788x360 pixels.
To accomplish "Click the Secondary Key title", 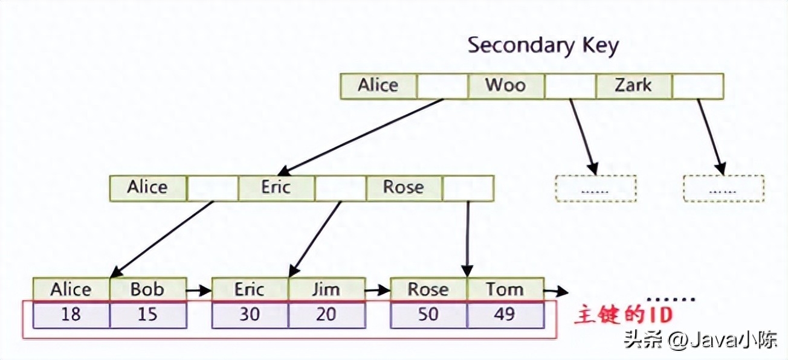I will (543, 45).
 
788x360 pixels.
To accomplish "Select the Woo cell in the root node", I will (506, 86).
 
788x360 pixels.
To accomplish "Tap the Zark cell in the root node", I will (633, 86).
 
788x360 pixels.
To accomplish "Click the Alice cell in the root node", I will (378, 86).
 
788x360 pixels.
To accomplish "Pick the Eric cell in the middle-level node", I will (276, 188).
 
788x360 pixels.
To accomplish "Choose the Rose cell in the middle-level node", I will (404, 188).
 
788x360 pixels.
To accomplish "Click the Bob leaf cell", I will (147, 290).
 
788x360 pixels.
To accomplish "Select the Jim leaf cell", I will (326, 290).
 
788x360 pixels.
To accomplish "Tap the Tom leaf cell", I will (505, 290).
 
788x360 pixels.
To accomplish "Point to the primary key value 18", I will (71, 315).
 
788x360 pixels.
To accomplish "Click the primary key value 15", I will (147, 315).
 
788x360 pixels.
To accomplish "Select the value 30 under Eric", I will (250, 315).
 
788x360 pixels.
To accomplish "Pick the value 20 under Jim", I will (326, 315).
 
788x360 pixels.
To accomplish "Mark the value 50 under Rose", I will (428, 315).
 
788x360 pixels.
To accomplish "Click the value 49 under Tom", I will (505, 315).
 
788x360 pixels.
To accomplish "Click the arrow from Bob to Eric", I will (198, 291).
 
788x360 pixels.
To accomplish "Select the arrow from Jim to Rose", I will (378, 291).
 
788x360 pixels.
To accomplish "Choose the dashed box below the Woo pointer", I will (595, 188).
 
